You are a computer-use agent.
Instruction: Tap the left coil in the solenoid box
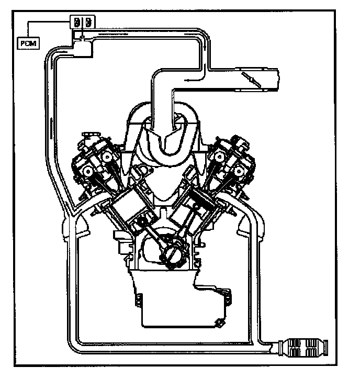coord(77,23)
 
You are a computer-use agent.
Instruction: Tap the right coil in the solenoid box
coord(88,23)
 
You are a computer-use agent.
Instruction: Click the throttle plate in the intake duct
coord(250,78)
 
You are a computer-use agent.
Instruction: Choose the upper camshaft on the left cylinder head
coord(107,155)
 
